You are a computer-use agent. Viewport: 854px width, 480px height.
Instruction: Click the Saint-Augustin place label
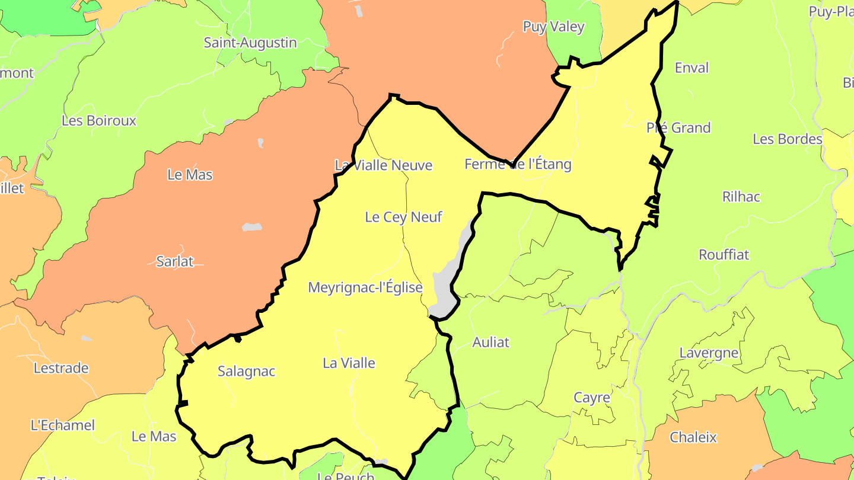250,43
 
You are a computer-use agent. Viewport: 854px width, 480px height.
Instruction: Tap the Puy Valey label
553,27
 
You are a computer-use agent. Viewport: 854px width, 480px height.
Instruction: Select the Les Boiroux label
99,120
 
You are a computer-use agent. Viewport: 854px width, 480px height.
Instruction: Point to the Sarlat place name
175,261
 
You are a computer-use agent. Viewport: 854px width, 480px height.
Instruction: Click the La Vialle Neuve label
384,165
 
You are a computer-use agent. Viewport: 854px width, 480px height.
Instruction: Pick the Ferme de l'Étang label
518,164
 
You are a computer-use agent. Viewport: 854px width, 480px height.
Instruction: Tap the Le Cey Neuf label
403,217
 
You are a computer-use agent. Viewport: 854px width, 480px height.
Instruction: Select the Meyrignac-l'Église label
365,288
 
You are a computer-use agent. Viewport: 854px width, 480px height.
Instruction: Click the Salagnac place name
247,372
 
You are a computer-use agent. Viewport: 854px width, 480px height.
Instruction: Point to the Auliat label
490,342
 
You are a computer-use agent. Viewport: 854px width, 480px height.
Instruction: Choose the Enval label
692,68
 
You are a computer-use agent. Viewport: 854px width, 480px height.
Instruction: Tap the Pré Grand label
678,127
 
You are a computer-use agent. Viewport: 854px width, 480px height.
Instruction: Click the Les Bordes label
788,139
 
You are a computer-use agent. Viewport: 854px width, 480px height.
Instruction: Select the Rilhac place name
741,197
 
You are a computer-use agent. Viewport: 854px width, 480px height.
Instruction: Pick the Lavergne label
709,353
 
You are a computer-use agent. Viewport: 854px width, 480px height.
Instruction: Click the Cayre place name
591,397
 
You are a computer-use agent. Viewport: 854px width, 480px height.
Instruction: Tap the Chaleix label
693,437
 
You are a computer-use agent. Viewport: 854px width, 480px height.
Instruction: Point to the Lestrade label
61,368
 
